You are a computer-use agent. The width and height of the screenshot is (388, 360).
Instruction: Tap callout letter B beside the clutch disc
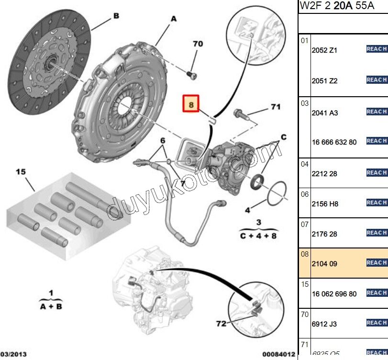point(116,16)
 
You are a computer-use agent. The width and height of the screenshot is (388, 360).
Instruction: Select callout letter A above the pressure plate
point(173,19)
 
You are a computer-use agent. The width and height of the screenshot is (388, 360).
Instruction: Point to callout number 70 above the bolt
point(198,44)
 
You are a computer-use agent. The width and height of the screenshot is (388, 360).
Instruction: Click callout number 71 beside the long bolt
point(276,107)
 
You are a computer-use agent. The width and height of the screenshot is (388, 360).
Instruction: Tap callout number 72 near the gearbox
point(221,324)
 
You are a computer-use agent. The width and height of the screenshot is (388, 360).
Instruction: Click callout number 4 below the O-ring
point(247,210)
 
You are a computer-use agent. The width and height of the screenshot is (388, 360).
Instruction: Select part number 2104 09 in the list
point(324,264)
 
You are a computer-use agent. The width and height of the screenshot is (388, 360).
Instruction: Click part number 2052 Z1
point(324,50)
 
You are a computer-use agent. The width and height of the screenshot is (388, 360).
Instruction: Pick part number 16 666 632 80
point(334,142)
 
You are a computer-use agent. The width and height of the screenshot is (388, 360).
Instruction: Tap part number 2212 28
point(324,174)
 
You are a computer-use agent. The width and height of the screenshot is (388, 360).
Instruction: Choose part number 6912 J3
point(324,324)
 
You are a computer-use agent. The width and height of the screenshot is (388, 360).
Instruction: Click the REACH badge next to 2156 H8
point(377,202)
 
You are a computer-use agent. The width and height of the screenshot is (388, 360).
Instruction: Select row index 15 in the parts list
point(305,284)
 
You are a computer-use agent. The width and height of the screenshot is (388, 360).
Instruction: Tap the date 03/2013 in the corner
point(13,355)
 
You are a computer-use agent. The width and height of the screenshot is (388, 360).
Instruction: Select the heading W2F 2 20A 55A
point(331,6)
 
